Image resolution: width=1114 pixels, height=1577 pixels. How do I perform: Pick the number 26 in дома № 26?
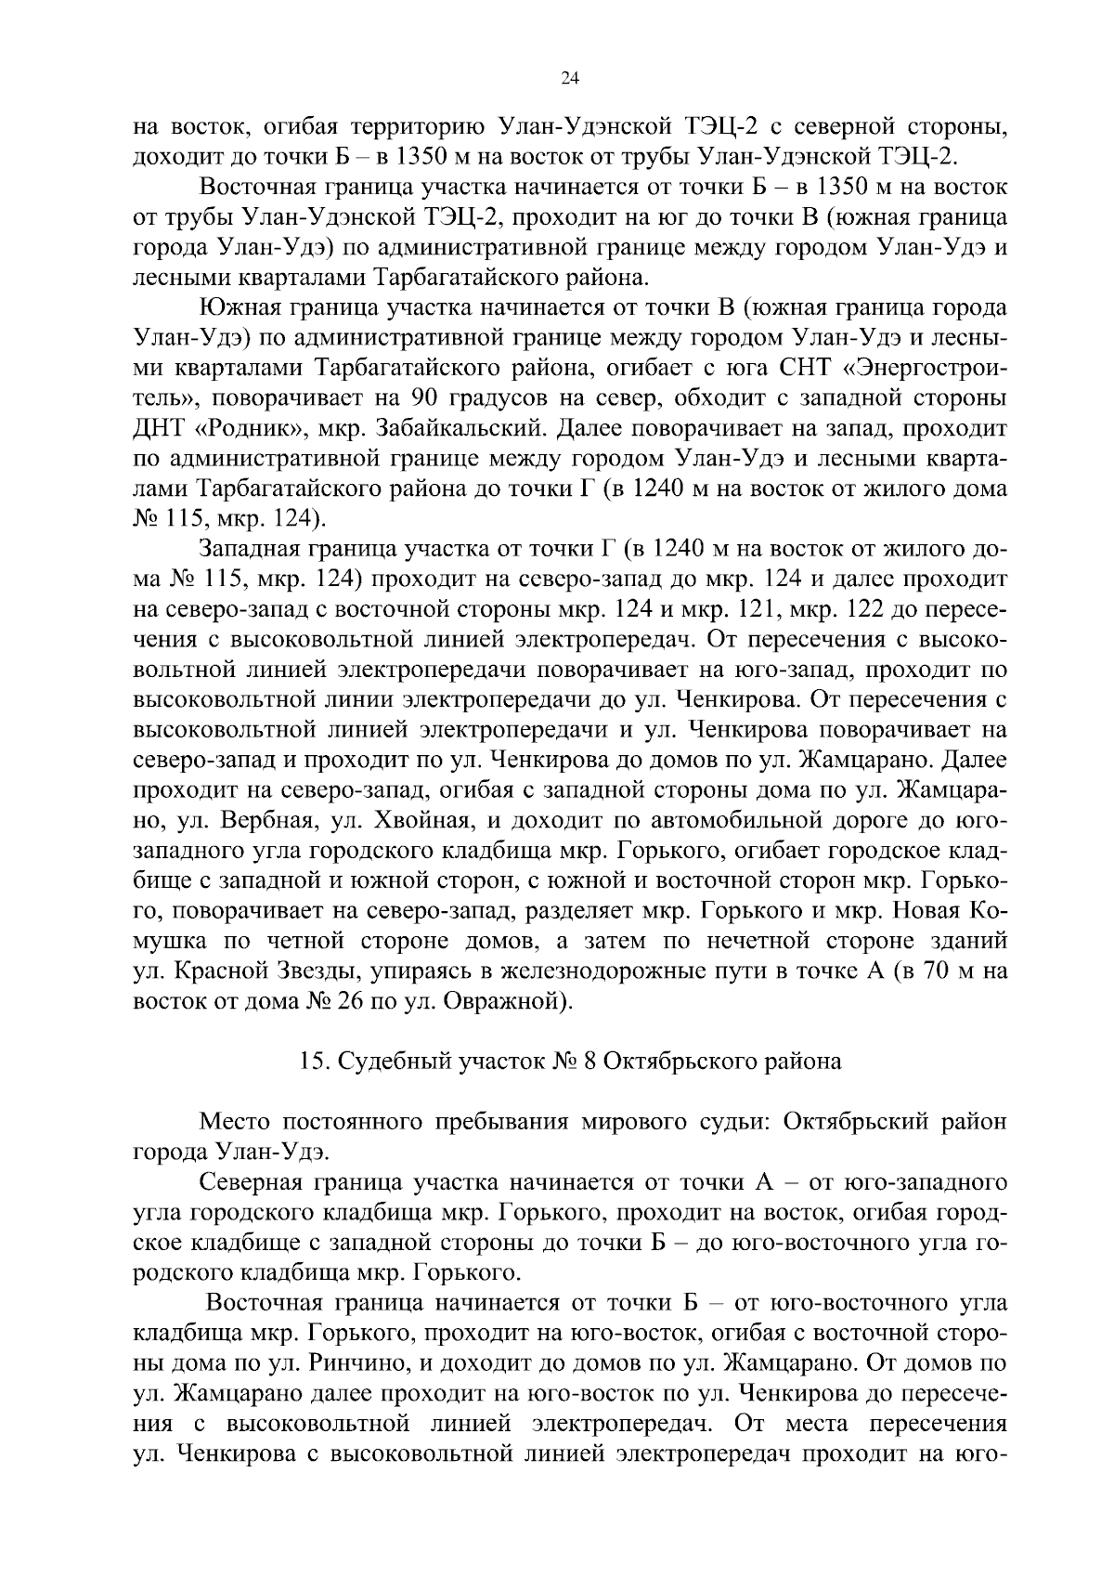point(346,1002)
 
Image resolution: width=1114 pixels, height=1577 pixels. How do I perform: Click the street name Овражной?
point(502,1002)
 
